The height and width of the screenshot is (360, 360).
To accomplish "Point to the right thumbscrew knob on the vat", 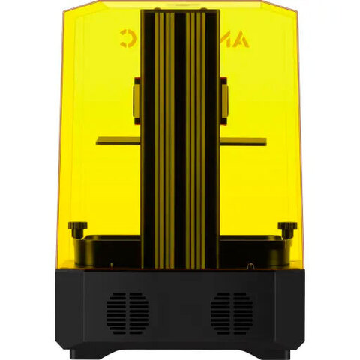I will coord(286,227).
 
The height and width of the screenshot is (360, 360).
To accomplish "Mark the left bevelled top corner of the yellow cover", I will coord(69,13).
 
